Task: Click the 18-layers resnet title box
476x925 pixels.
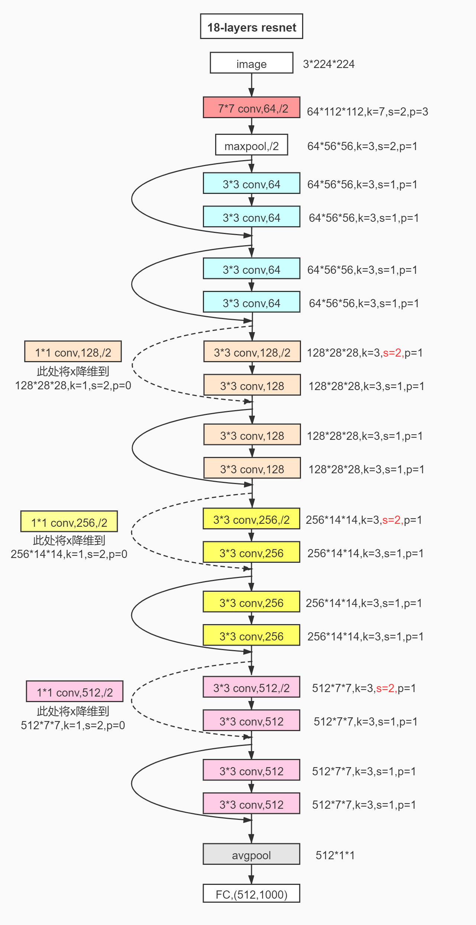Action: pyautogui.click(x=252, y=27)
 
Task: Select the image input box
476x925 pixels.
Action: pyautogui.click(x=252, y=63)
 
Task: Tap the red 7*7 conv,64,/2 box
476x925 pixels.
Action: pyautogui.click(x=252, y=108)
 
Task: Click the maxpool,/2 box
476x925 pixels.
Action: pyautogui.click(x=252, y=145)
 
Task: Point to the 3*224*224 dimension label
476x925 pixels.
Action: pyautogui.click(x=328, y=64)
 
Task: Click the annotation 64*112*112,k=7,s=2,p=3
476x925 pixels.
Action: pyautogui.click(x=367, y=111)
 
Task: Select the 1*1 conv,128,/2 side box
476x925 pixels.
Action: pyautogui.click(x=73, y=352)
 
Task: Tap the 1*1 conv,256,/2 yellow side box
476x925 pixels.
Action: pyautogui.click(x=69, y=522)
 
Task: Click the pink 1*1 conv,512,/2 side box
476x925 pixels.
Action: pyautogui.click(x=75, y=692)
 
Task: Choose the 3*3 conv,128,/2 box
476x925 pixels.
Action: pyautogui.click(x=252, y=352)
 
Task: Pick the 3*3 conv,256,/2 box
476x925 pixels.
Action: pyautogui.click(x=252, y=519)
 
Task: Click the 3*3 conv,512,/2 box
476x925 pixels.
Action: pyautogui.click(x=252, y=687)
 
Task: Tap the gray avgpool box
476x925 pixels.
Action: pyautogui.click(x=252, y=854)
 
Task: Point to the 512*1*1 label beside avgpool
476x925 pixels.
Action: pyautogui.click(x=335, y=855)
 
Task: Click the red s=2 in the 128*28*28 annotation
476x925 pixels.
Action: pyautogui.click(x=393, y=353)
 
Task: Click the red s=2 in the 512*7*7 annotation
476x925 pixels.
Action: pyautogui.click(x=386, y=688)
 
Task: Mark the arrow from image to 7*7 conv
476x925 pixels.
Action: pyautogui.click(x=252, y=85)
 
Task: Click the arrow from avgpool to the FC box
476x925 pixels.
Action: pyautogui.click(x=252, y=874)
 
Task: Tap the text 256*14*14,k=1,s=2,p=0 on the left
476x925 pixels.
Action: pyautogui.click(x=69, y=554)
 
